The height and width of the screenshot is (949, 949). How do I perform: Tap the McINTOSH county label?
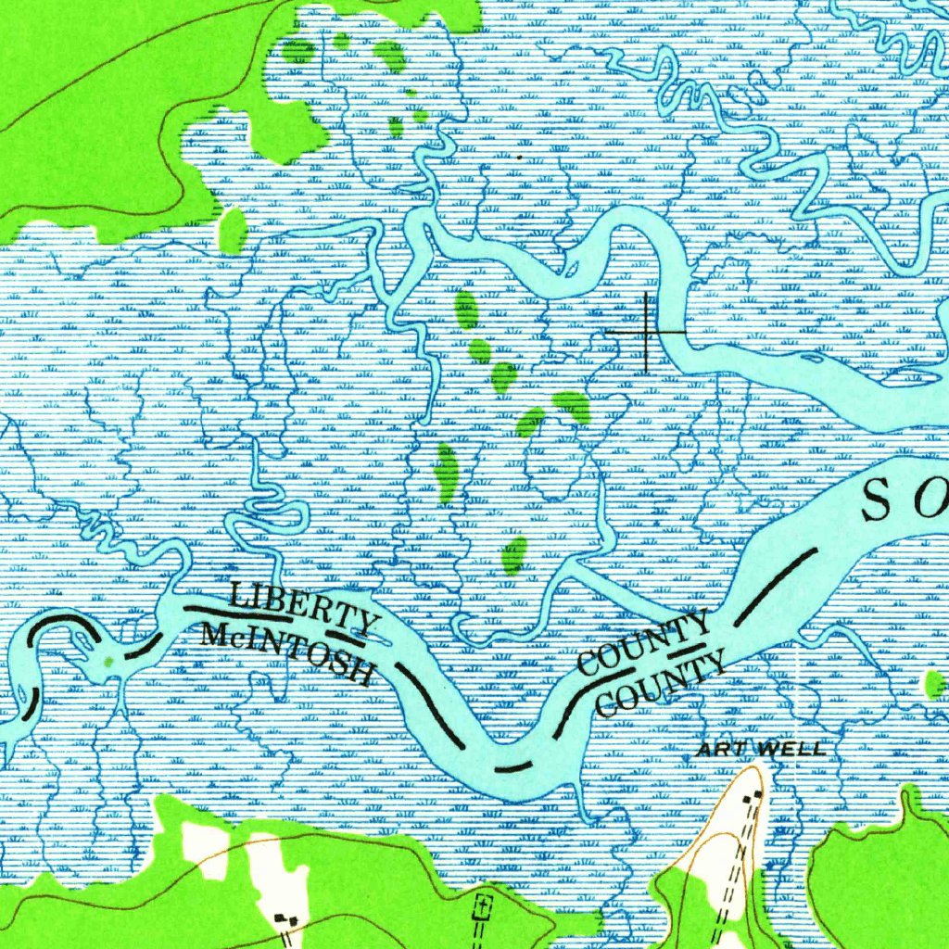coord(285,653)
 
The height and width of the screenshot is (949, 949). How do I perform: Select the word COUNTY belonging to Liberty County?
coord(643,641)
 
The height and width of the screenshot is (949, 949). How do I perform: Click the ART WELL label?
coord(760,749)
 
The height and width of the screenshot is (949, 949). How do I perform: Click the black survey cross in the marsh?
coord(646,332)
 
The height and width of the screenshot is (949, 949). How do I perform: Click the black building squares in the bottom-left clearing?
coord(285,917)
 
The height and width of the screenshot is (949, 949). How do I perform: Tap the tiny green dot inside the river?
coord(110,661)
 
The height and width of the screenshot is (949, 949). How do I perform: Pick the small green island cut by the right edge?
coord(935,685)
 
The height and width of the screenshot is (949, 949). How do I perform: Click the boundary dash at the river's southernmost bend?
coord(512,766)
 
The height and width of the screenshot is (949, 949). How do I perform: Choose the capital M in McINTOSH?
coord(212,635)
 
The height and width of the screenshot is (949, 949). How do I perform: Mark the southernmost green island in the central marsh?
coord(513,554)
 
